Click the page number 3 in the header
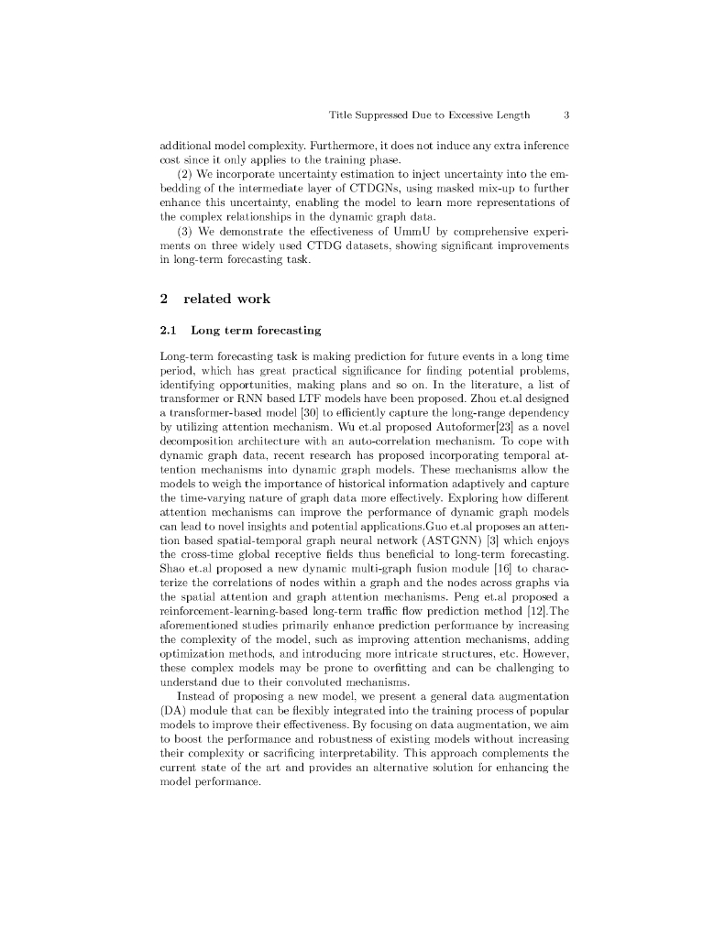point(567,115)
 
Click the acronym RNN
point(257,385)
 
